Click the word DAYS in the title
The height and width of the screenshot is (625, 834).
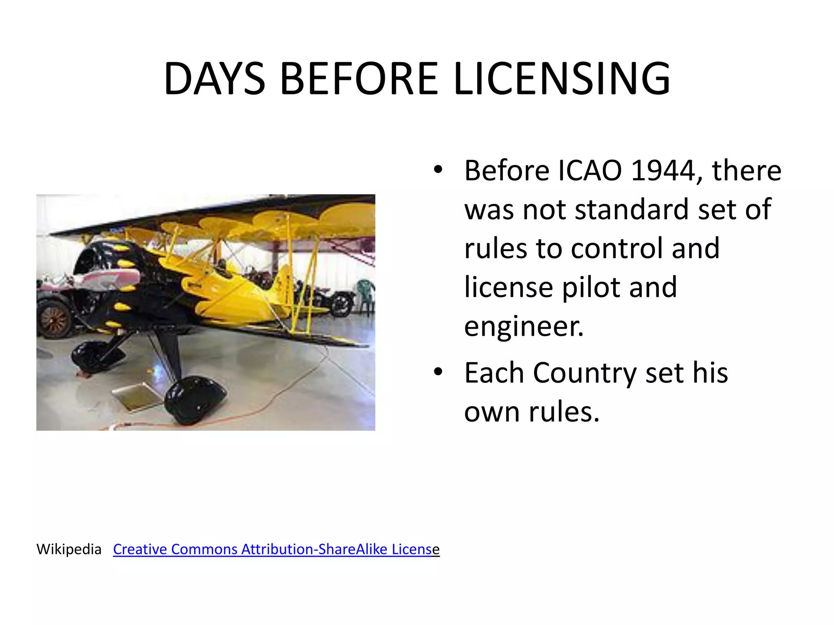click(214, 79)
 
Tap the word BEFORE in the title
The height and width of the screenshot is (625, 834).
click(359, 79)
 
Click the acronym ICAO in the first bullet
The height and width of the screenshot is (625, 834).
click(590, 170)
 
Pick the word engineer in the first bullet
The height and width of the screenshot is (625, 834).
click(524, 326)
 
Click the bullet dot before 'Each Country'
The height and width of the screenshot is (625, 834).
click(438, 372)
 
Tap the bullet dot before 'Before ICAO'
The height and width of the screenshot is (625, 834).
click(438, 169)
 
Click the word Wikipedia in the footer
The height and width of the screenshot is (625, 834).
click(69, 549)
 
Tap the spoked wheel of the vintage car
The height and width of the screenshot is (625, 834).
click(54, 319)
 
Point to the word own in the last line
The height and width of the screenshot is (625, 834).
click(492, 412)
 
